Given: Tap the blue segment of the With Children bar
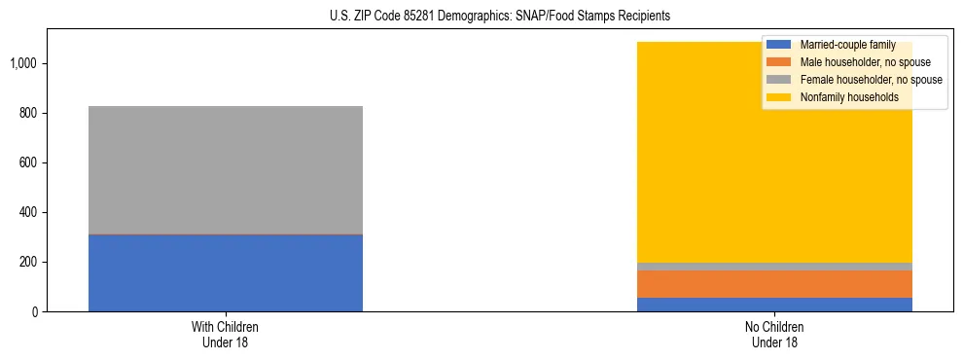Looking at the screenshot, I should (226, 273).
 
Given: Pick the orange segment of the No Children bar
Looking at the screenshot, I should (774, 284).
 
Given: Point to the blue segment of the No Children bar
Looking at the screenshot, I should (774, 305).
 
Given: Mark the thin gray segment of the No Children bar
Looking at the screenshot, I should (774, 267).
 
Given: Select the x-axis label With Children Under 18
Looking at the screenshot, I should (226, 334).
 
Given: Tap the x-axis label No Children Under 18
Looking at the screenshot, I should (774, 334).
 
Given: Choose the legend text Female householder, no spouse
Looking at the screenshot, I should (871, 80).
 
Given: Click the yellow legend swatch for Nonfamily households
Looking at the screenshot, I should (779, 97).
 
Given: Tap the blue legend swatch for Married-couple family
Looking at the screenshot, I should (779, 45).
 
